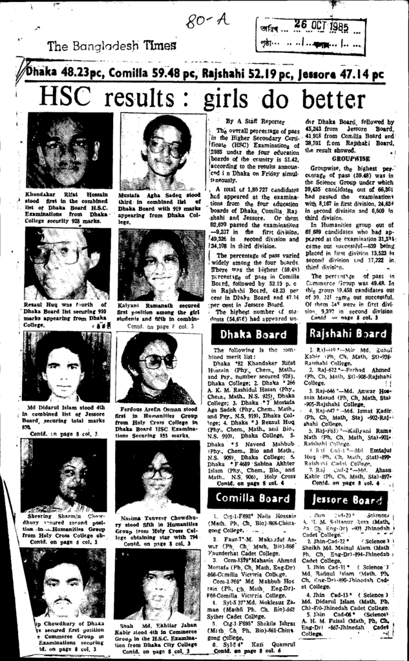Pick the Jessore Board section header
[x=340, y=499]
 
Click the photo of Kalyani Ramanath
[x=160, y=265]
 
